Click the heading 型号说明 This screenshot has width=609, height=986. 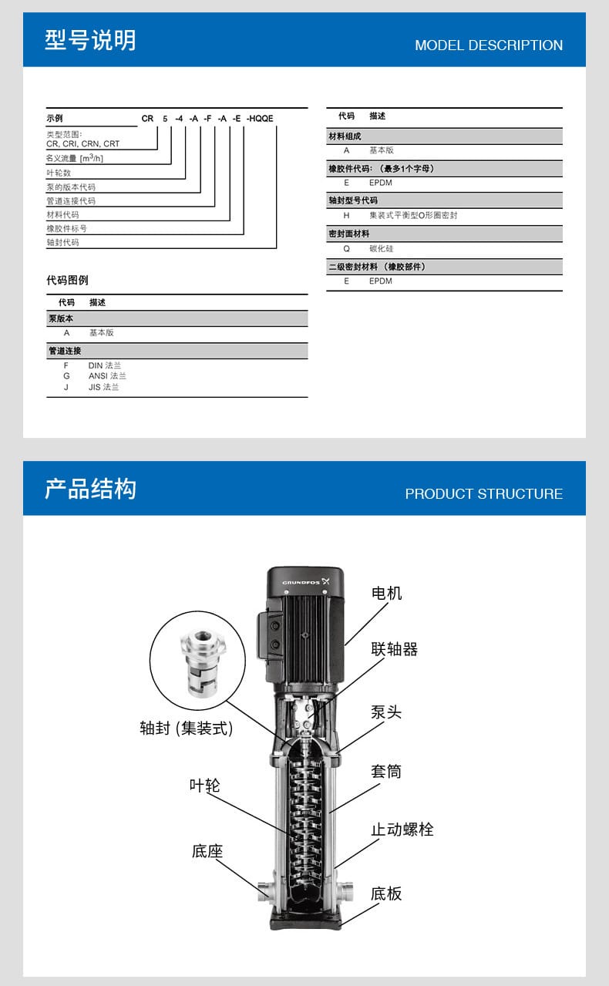point(90,40)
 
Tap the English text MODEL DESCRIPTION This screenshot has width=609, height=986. point(489,45)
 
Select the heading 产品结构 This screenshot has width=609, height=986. point(90,489)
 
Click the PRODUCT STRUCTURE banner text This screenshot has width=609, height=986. point(483,494)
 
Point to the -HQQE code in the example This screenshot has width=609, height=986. point(260,119)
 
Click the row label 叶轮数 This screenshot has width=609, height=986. point(58,173)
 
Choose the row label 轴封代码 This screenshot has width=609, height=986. point(62,242)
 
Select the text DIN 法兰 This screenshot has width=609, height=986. point(105,365)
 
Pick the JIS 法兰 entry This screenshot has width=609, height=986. point(103,387)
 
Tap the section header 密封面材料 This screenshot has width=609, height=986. point(349,233)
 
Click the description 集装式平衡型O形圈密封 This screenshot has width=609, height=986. point(413,216)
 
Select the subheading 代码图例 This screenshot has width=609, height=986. point(67,280)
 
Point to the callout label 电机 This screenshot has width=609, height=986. point(386,593)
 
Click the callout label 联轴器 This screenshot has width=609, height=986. point(394,649)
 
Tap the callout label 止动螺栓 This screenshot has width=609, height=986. point(402,830)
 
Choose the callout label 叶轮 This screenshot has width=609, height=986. point(204,785)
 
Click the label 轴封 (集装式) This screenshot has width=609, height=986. point(186,728)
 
